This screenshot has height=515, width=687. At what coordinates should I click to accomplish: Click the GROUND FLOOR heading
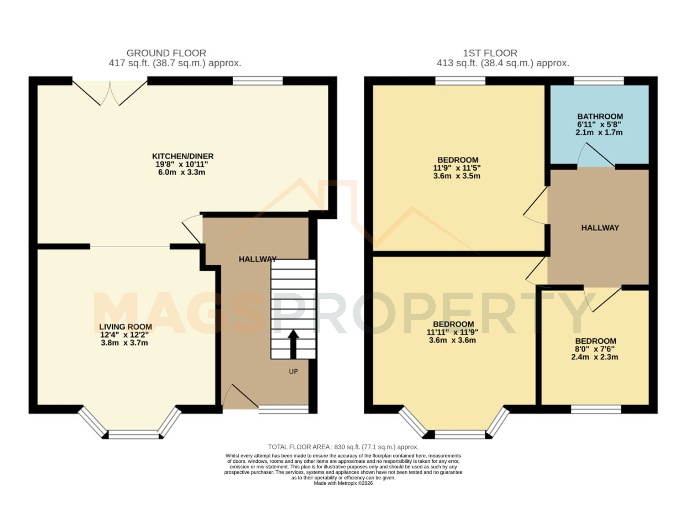[x=166, y=53]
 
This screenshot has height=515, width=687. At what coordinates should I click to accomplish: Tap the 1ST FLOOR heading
[x=490, y=53]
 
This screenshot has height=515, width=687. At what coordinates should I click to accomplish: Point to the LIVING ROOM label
[x=125, y=327]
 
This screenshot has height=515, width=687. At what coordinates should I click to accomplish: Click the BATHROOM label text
[x=600, y=116]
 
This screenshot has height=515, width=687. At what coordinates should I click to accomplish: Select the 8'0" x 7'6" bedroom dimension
[x=595, y=349]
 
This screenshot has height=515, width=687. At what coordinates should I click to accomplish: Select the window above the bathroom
[x=599, y=81]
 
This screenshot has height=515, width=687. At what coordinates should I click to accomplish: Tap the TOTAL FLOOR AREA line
[x=343, y=447]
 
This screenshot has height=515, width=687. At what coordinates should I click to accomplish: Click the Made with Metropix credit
[x=343, y=483]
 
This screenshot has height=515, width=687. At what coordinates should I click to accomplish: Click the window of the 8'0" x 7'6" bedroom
[x=596, y=409]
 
